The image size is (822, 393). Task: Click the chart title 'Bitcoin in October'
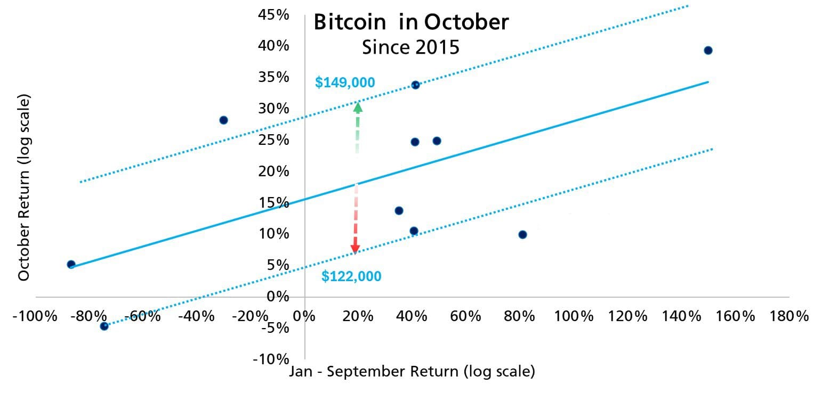tap(411, 22)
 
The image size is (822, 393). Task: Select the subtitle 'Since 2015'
tap(410, 47)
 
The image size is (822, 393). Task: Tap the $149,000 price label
tap(345, 83)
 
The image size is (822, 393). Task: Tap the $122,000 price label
tap(351, 276)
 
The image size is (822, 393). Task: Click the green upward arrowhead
tap(358, 107)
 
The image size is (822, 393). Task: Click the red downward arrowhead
tap(355, 249)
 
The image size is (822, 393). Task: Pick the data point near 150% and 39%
tap(708, 51)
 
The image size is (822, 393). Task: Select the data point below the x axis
tap(104, 326)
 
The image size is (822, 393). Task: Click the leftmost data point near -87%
tap(71, 264)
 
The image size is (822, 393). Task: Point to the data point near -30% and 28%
tap(223, 120)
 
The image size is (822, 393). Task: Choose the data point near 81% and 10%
tap(522, 235)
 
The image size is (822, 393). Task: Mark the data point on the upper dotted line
tap(415, 85)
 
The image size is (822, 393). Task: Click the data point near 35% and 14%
tap(399, 210)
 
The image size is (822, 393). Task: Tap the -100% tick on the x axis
tap(34, 316)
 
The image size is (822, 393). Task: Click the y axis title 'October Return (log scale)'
tap(25, 187)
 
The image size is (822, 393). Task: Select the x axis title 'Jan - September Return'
tap(412, 371)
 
